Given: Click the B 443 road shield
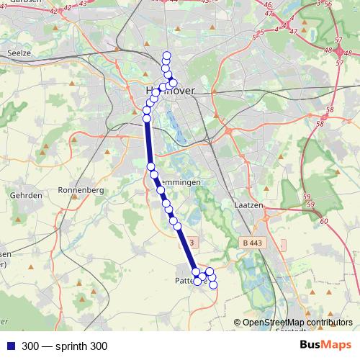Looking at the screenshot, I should pyautogui.click(x=251, y=243).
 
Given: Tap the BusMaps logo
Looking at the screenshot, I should pyautogui.click(x=325, y=346).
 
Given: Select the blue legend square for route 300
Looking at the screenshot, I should pyautogui.click(x=10, y=346).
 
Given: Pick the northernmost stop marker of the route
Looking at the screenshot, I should pyautogui.click(x=168, y=55).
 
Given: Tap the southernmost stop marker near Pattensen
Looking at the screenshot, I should pyautogui.click(x=212, y=285).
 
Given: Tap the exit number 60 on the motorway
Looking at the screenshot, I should pyautogui.click(x=323, y=221).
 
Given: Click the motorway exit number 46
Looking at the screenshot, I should pyautogui.click(x=268, y=5).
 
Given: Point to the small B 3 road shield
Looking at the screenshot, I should pyautogui.click(x=192, y=243).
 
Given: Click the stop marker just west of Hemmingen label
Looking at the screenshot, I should pyautogui.click(x=154, y=174).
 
